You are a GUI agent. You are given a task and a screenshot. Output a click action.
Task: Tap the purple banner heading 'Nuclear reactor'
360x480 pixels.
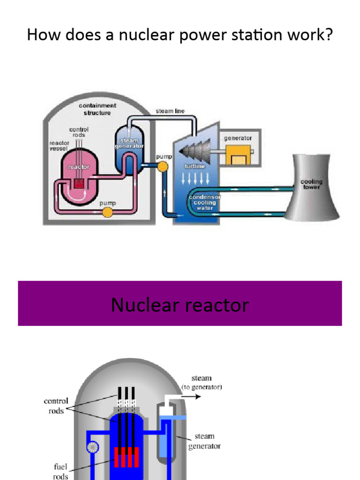[180, 305]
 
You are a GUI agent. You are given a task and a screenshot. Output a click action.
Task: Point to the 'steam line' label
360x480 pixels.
[170, 111]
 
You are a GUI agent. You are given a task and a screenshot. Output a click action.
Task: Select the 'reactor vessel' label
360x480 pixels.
[59, 145]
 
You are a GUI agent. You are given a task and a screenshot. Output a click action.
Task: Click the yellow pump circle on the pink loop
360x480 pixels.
[107, 212]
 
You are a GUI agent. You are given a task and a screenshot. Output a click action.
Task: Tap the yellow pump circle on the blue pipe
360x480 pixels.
[163, 166]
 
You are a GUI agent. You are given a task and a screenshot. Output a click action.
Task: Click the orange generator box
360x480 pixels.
[238, 155]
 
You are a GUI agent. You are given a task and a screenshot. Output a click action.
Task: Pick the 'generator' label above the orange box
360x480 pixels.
[238, 138]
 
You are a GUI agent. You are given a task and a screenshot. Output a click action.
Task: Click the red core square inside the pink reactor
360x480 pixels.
[79, 183]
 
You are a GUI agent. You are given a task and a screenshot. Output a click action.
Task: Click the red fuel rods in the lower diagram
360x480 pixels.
[127, 457]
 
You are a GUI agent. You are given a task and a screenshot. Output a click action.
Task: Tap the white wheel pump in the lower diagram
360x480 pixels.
[92, 447]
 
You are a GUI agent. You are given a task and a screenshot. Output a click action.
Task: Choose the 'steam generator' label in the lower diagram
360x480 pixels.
[204, 441]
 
